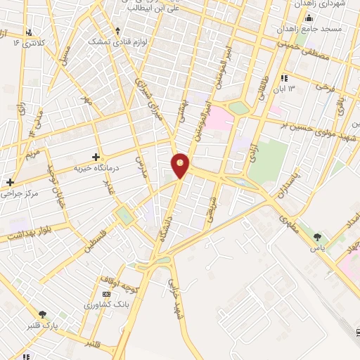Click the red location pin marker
pyautogui.click(x=181, y=165)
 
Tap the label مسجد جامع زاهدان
pyautogui.click(x=318, y=29)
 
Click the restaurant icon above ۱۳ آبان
pyautogui.click(x=283, y=77)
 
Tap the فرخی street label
pyautogui.click(x=325, y=88)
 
